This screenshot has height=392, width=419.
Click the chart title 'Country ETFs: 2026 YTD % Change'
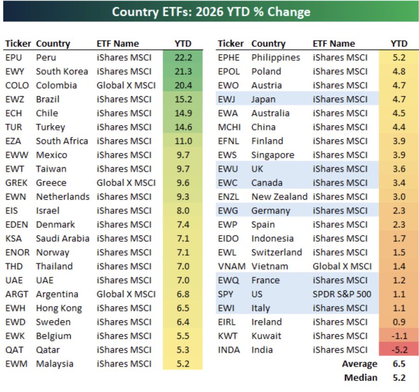(211, 12)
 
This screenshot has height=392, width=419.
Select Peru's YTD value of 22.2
(182, 58)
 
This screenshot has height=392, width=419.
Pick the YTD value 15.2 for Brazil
(182, 100)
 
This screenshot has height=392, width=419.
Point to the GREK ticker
(17, 183)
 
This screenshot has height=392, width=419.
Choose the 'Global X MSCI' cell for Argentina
(126, 294)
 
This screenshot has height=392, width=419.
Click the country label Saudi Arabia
(62, 239)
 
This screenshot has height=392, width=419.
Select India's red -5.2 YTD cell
(399, 350)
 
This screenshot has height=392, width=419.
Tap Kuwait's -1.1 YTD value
(399, 336)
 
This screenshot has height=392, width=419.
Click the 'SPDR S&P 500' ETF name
(342, 294)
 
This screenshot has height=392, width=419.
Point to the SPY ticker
(226, 294)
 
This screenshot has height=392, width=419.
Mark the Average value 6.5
(399, 364)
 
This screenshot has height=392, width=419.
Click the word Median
(360, 378)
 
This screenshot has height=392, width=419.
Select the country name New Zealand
(279, 197)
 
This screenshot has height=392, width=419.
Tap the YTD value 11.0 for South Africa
(182, 141)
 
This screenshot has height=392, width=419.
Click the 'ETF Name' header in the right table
(334, 44)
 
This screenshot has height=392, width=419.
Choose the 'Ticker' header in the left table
(18, 44)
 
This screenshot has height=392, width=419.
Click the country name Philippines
(276, 58)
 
